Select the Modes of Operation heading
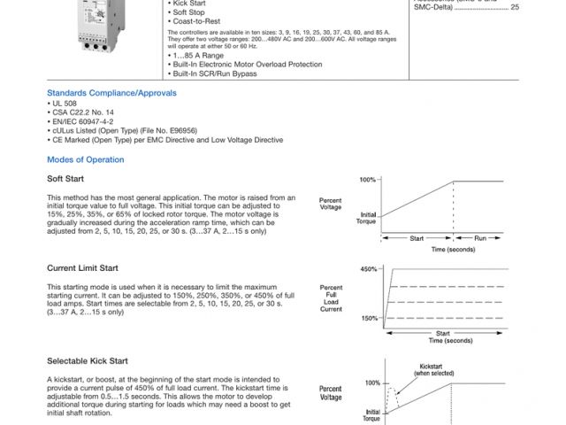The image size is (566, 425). [85, 159]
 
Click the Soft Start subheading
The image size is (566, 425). [65, 178]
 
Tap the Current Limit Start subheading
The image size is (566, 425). [82, 267]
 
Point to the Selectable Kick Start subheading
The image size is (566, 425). [88, 360]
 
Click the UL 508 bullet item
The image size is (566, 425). [64, 104]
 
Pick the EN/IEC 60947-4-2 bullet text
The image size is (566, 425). [82, 121]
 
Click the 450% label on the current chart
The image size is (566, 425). [369, 268]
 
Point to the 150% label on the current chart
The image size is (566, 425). [369, 318]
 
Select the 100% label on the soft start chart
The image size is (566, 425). [369, 180]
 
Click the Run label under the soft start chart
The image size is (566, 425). [479, 238]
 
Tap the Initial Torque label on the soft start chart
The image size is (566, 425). [369, 217]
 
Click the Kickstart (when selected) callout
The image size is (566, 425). [431, 369]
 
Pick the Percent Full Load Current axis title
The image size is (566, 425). [331, 298]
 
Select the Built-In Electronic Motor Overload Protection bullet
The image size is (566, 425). [248, 65]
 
